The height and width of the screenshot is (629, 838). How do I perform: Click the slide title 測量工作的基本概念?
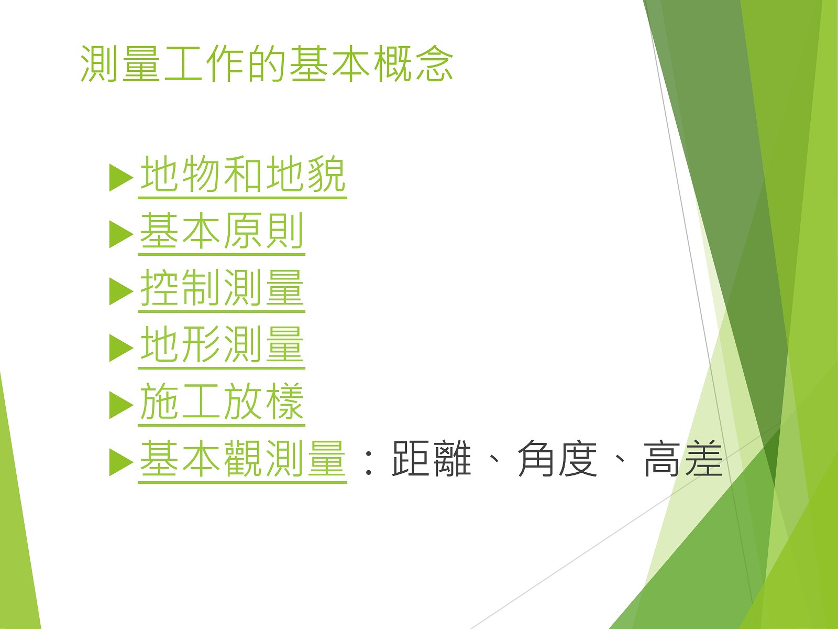(267, 63)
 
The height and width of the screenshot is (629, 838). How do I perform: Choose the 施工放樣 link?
(222, 402)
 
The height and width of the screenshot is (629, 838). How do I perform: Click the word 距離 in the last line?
(432, 458)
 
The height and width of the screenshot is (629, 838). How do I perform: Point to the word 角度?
(557, 458)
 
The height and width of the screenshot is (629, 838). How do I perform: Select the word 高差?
(683, 458)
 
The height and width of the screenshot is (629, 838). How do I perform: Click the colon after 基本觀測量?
(368, 463)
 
